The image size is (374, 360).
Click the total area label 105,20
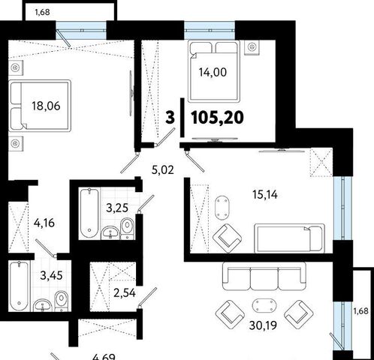click(217, 118)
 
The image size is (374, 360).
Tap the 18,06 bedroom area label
click(46, 106)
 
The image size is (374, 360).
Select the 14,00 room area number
click(213, 72)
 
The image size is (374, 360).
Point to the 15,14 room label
click(265, 194)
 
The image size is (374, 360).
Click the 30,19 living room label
click(263, 325)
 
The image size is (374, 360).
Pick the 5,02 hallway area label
click(163, 170)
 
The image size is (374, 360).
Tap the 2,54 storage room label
click(125, 292)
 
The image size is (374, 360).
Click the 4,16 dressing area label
click(44, 223)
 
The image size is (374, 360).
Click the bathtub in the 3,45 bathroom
click(20, 286)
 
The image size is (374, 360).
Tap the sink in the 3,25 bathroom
click(110, 232)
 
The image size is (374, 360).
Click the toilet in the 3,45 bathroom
click(62, 301)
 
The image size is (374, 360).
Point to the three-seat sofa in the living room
click(264, 276)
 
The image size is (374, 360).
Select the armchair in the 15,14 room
click(228, 238)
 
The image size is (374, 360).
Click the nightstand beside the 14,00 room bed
click(252, 47)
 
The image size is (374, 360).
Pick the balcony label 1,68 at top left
click(42, 12)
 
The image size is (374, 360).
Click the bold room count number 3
click(170, 118)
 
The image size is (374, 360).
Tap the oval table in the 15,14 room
click(222, 208)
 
